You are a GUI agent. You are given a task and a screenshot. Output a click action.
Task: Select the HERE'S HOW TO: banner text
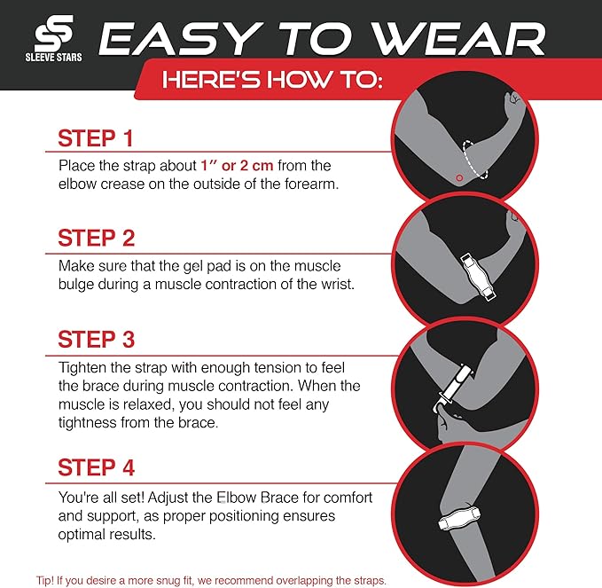pyautogui.click(x=271, y=81)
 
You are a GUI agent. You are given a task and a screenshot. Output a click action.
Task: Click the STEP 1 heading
pyautogui.click(x=96, y=138)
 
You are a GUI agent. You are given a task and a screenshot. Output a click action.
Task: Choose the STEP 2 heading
pyautogui.click(x=96, y=238)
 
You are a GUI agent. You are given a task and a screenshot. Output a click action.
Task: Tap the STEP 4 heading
pyautogui.click(x=96, y=467)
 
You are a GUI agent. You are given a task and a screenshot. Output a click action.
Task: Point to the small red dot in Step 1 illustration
pyautogui.click(x=458, y=178)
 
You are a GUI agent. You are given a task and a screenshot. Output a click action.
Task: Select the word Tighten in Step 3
pyautogui.click(x=83, y=367)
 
